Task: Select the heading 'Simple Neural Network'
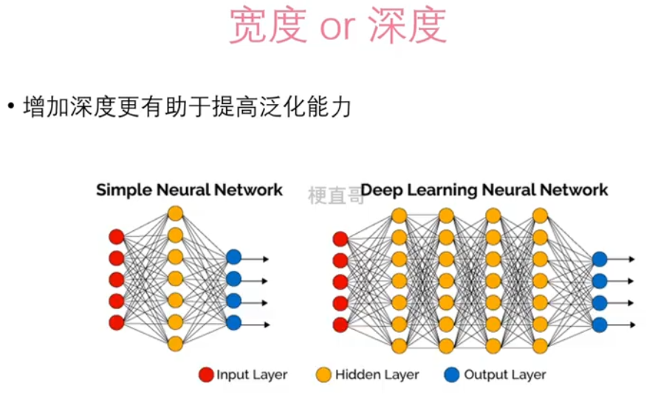(189, 190)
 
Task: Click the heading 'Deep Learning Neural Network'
(484, 190)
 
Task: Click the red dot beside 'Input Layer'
(206, 375)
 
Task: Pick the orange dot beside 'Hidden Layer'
(324, 375)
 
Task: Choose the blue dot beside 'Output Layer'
(452, 375)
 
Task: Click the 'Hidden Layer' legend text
(377, 375)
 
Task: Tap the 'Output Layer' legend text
(505, 375)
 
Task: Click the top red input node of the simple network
(117, 237)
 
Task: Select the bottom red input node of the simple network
(117, 322)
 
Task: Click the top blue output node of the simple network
(233, 258)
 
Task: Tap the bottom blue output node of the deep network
(600, 325)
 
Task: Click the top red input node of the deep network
(340, 238)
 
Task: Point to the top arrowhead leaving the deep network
(631, 260)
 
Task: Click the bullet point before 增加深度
(11, 108)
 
